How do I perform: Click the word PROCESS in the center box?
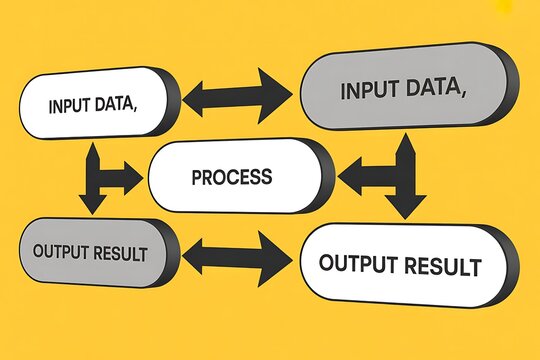(231, 177)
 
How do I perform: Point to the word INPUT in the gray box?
(369, 91)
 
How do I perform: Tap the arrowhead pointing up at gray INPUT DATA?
(406, 145)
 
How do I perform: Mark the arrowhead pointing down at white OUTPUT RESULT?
(406, 209)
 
